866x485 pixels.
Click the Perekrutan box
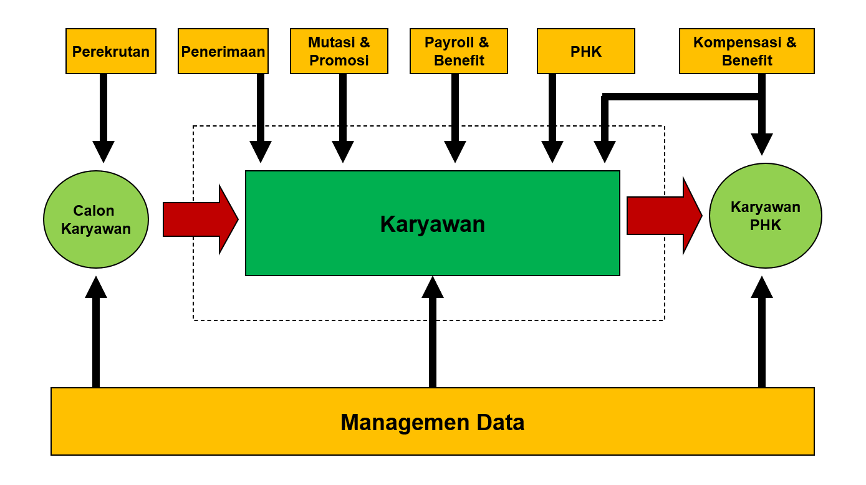coord(111,51)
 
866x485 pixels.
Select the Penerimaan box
coord(223,51)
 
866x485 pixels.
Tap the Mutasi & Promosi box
coord(339,51)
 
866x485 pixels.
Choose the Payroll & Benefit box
coord(459,51)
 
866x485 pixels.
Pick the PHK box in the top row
coord(586,51)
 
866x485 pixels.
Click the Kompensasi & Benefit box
coord(746,51)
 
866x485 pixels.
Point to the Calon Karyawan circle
coord(96,219)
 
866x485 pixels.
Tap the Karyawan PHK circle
coord(766,216)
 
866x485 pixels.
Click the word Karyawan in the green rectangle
coord(433,224)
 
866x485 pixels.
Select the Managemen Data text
coord(433,422)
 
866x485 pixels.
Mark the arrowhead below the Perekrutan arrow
coord(103,151)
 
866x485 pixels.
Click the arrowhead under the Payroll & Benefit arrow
coord(455,151)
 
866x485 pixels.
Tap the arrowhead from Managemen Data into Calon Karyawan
coord(96,287)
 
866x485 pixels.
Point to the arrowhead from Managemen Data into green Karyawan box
coord(433,287)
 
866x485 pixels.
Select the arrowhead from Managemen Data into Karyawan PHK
coord(762,287)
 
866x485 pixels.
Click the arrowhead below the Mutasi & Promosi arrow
coord(343,151)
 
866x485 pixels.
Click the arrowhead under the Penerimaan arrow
coord(261,151)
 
